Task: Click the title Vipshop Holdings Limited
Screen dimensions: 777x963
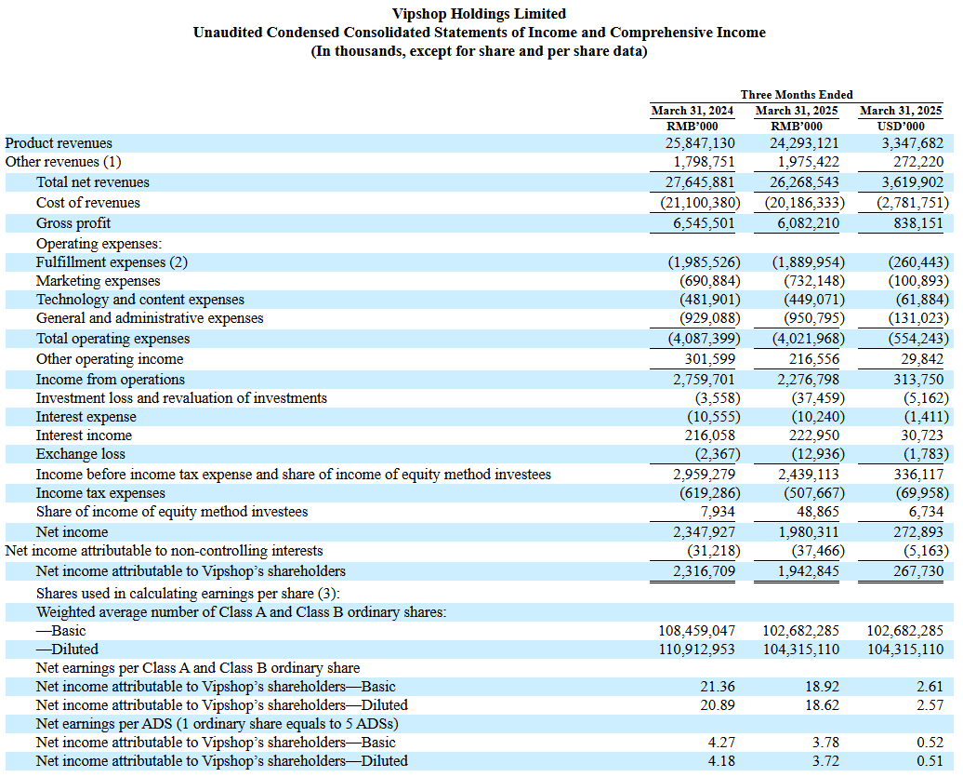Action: click(480, 14)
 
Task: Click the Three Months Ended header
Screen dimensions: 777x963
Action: click(797, 95)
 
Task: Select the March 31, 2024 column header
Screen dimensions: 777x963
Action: click(692, 111)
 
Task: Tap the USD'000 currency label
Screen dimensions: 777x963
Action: click(901, 127)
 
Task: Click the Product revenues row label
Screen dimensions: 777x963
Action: click(59, 143)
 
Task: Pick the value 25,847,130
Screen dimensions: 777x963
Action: click(700, 143)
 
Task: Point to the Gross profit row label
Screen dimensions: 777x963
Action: click(73, 223)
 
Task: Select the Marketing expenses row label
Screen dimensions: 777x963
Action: click(98, 281)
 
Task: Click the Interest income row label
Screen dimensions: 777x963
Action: click(84, 435)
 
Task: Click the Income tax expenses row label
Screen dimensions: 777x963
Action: click(100, 493)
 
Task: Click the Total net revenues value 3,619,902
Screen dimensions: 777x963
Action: click(911, 182)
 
